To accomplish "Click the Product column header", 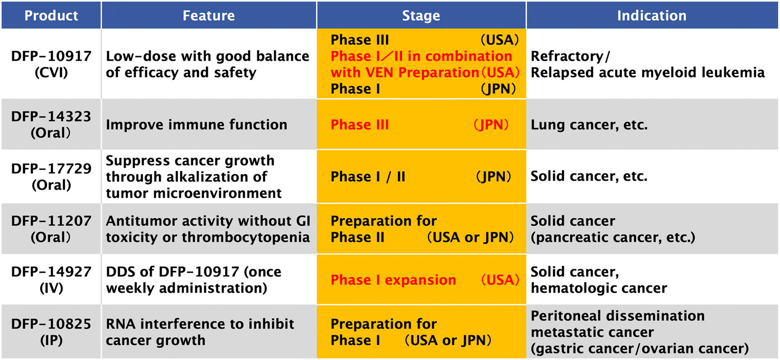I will pyautogui.click(x=51, y=16).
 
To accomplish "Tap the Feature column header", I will pyautogui.click(x=209, y=16).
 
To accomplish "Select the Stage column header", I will pyautogui.click(x=421, y=16).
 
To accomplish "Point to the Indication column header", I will pyautogui.click(x=651, y=16).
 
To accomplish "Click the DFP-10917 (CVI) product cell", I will pyautogui.click(x=51, y=64).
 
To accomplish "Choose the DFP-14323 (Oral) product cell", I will pyautogui.click(x=51, y=124).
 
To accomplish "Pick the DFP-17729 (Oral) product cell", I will pyautogui.click(x=51, y=176).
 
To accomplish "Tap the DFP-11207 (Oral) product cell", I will pyautogui.click(x=51, y=229).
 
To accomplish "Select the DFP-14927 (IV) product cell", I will pyautogui.click(x=51, y=280).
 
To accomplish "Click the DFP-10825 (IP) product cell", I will pyautogui.click(x=51, y=332).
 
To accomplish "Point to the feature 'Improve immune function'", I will pyautogui.click(x=196, y=125).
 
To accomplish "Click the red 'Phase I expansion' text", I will pyautogui.click(x=393, y=280).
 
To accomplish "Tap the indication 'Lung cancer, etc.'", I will pyautogui.click(x=589, y=125).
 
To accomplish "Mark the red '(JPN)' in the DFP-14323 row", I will pyautogui.click(x=491, y=125).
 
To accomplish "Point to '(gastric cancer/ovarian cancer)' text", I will pyautogui.click(x=640, y=348).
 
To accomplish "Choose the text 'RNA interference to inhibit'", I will pyautogui.click(x=200, y=324).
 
